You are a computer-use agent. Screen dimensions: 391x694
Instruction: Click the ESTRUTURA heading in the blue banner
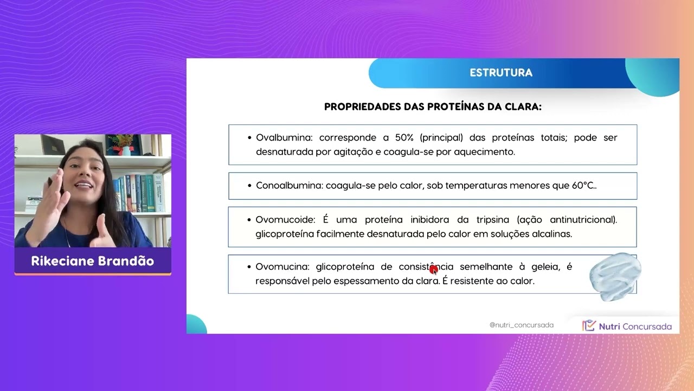[501, 73]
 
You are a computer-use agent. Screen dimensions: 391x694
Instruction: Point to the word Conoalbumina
[289, 186]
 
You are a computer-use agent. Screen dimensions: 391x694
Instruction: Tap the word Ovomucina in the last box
[282, 267]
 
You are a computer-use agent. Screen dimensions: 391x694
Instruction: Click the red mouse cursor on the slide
[433, 269]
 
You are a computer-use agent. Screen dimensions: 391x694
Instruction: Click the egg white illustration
[615, 276]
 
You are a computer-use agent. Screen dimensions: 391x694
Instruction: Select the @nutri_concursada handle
[521, 325]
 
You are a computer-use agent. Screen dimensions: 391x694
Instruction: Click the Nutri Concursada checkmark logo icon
[589, 326]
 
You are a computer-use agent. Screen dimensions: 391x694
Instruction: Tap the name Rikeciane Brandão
[93, 261]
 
